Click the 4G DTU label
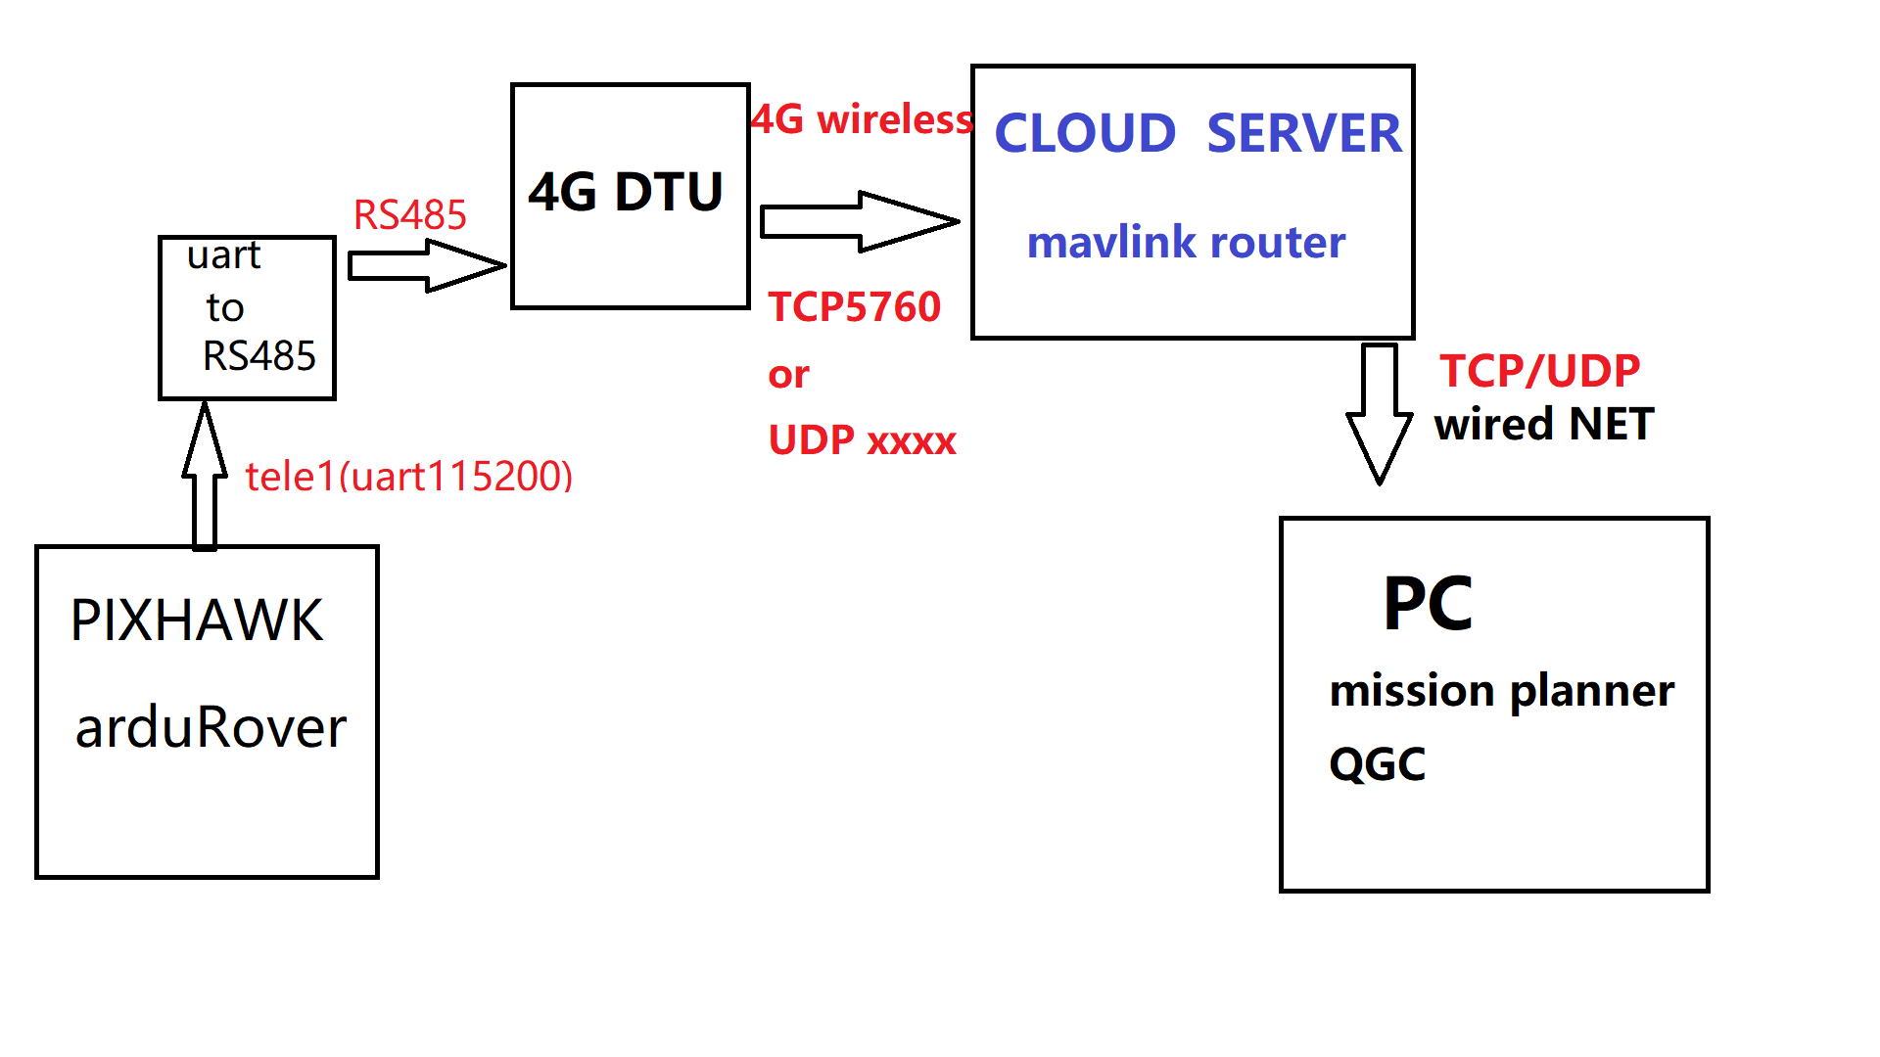(626, 192)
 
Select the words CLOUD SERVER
(1197, 134)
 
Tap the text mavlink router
(1186, 243)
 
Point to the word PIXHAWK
(196, 620)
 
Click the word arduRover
(211, 728)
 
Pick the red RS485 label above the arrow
(409, 215)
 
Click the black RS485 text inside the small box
(258, 356)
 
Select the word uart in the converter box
(223, 255)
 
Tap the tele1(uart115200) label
(408, 477)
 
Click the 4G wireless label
(862, 119)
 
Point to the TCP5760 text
(854, 307)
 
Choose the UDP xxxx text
(862, 440)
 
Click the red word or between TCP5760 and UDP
(788, 375)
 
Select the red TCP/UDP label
(1539, 371)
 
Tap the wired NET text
(1544, 425)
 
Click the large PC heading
(1428, 604)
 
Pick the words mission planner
(1501, 691)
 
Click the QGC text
(1377, 764)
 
